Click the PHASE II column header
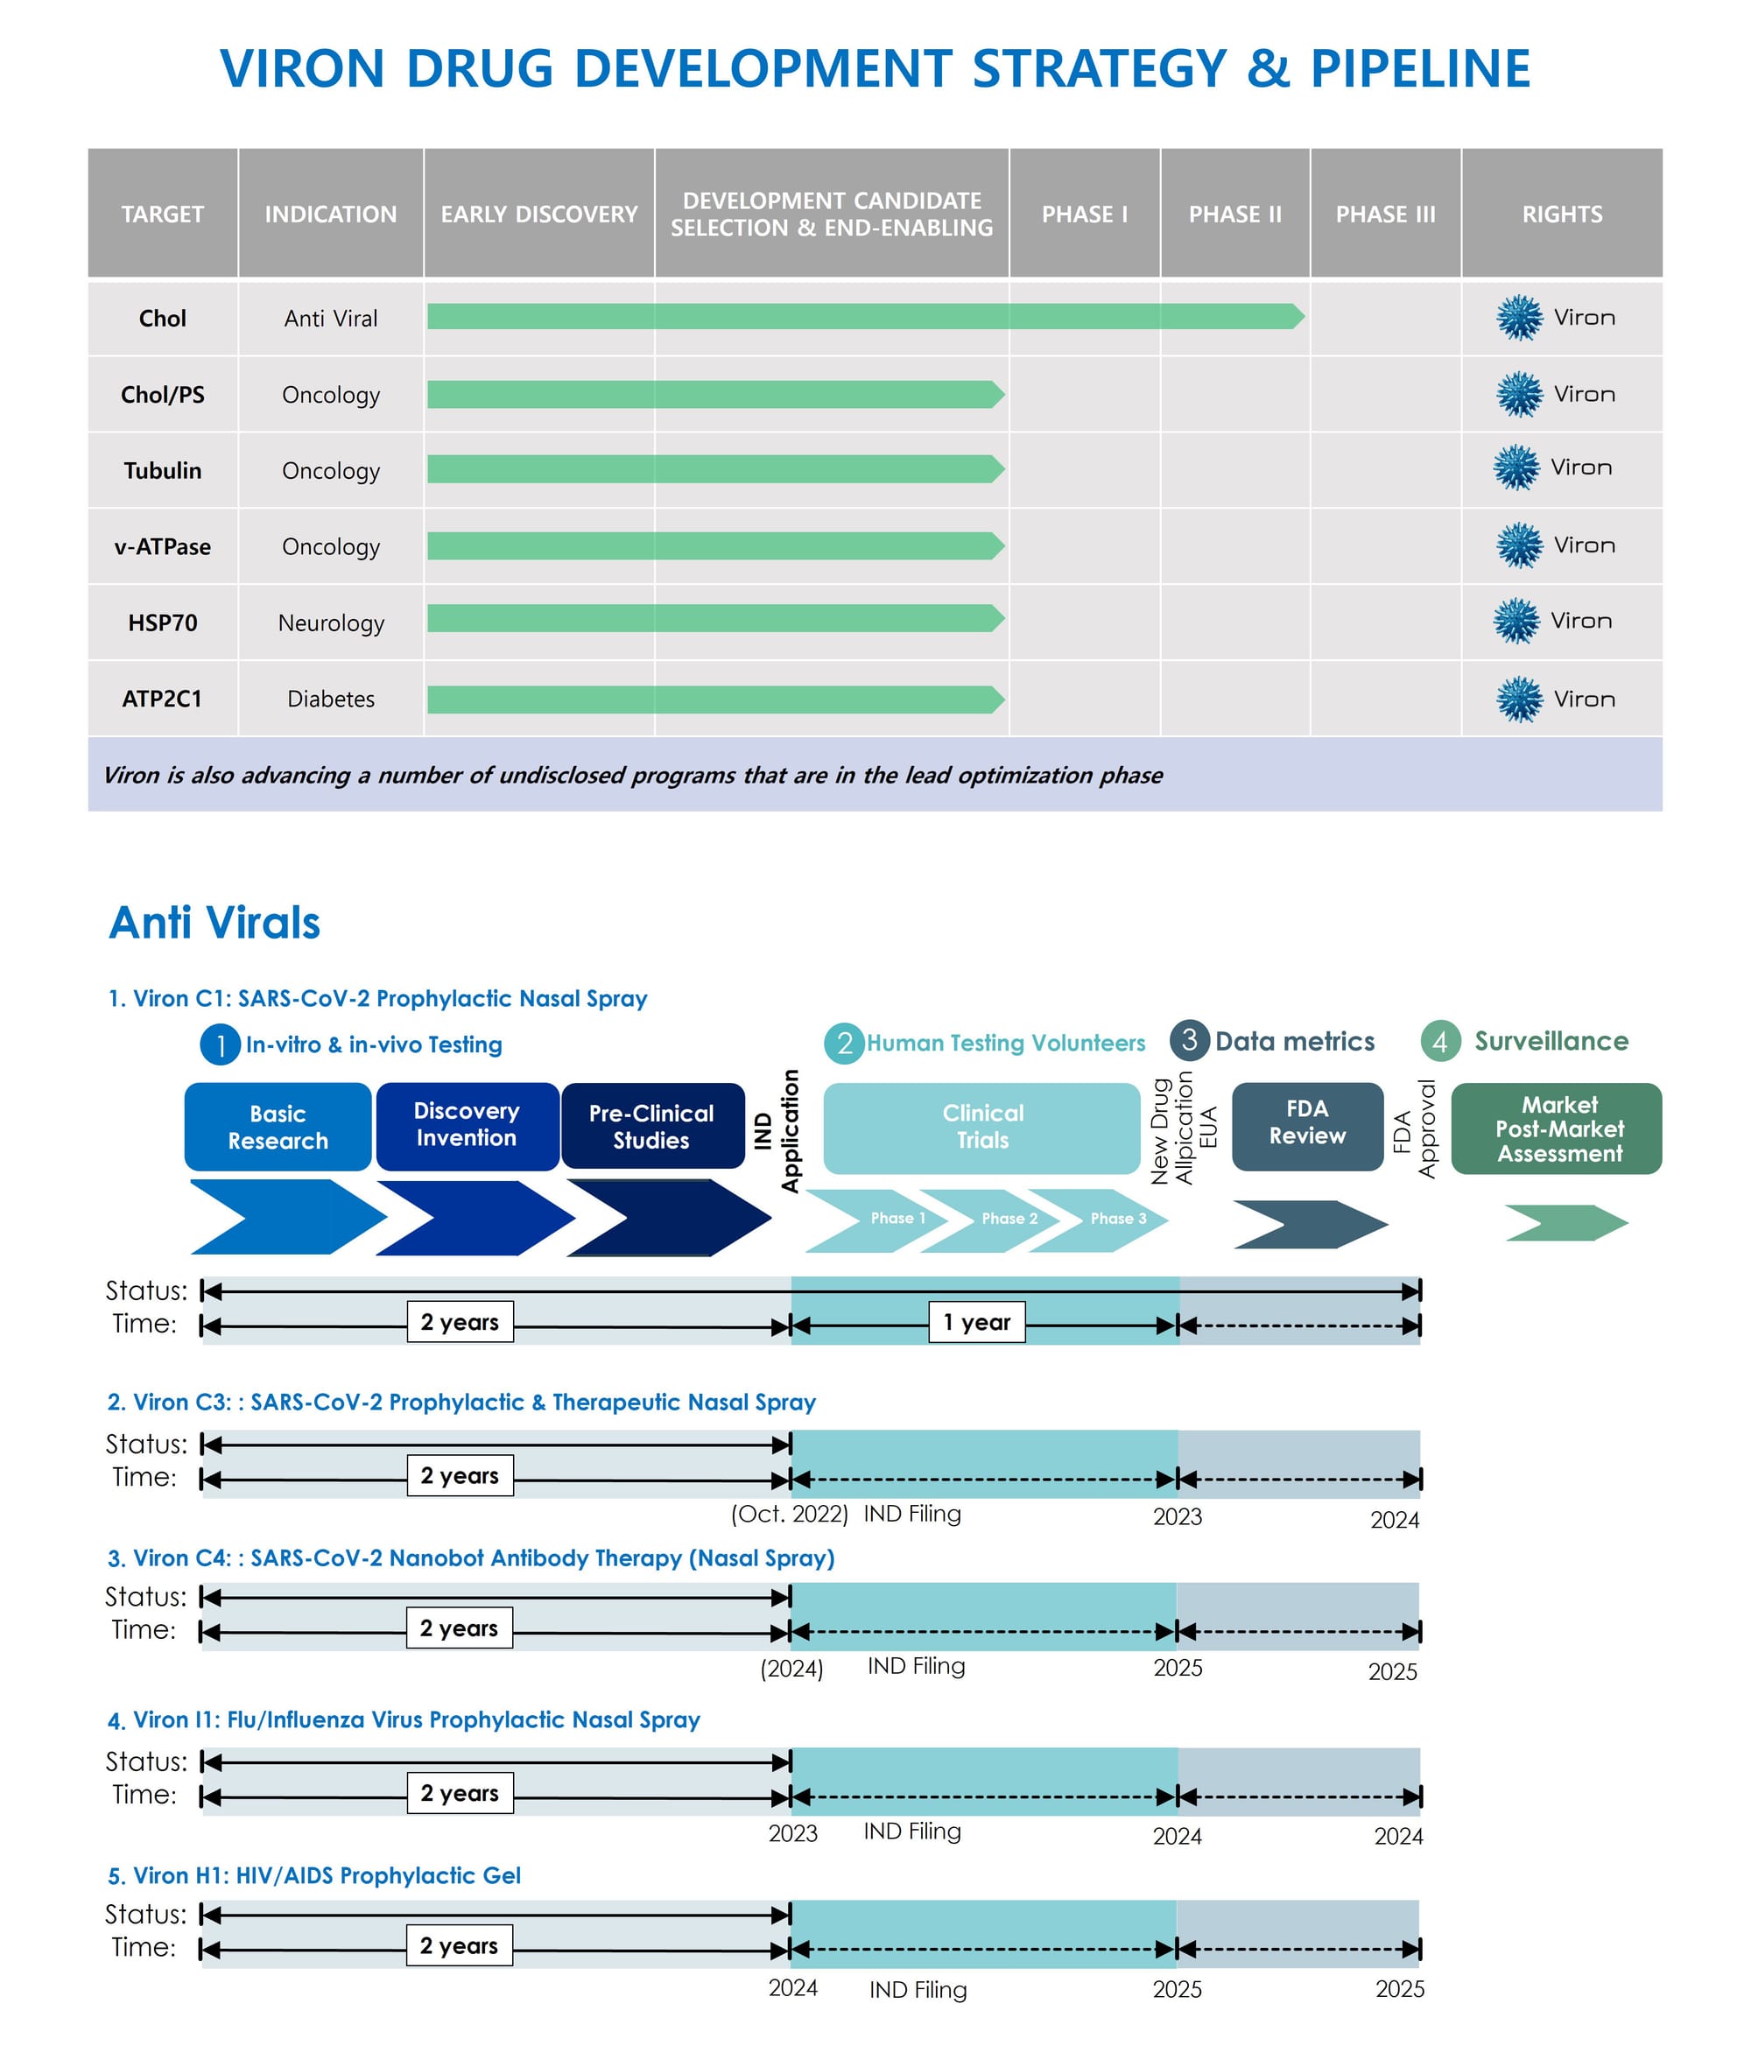click(x=1234, y=213)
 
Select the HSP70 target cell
click(x=163, y=622)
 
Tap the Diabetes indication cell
click(x=331, y=699)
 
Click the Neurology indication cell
click(x=331, y=622)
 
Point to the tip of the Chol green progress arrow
click(x=1304, y=316)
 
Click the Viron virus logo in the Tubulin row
click(x=1516, y=468)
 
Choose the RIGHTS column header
click(x=1561, y=213)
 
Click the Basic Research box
click(x=278, y=1127)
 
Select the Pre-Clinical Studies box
click(x=652, y=1127)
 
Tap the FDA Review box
click(x=1307, y=1127)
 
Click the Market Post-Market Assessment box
click(x=1556, y=1128)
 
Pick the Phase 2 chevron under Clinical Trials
click(x=1001, y=1220)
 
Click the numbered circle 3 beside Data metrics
click(x=1189, y=1040)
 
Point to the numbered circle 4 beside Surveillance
click(x=1440, y=1041)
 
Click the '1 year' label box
click(x=976, y=1322)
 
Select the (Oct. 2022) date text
click(x=790, y=1513)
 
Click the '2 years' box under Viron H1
click(x=459, y=1945)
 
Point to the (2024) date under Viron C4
click(x=791, y=1669)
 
